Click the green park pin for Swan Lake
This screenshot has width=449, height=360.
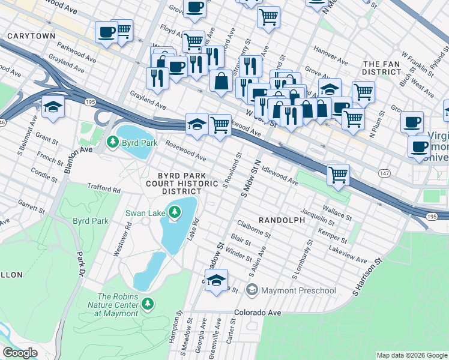[174, 212]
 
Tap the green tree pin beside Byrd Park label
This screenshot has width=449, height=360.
[112, 142]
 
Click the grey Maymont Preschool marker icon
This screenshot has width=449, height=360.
[252, 291]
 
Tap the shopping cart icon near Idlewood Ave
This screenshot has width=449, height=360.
[339, 175]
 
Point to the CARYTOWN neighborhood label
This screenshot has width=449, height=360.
[31, 36]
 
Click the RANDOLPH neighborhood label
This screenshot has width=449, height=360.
[282, 220]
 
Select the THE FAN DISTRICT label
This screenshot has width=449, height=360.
[382, 68]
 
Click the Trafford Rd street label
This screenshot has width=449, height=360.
[104, 188]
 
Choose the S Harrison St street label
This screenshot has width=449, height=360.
[367, 277]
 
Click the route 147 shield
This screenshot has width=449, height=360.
[383, 173]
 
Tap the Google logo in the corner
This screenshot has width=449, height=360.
[20, 353]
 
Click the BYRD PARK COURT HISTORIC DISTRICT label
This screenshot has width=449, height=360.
[174, 182]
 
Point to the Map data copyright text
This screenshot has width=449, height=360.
[411, 355]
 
